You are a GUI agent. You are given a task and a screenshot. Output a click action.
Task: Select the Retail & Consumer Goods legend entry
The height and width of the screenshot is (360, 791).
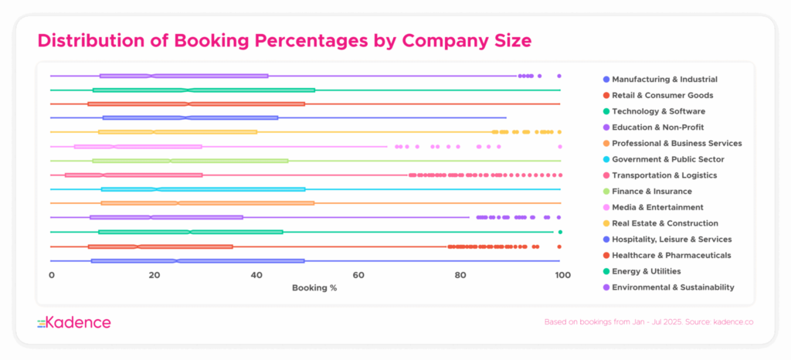point(662,96)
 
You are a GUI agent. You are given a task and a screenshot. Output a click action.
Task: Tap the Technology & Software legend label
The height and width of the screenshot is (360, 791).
point(658,111)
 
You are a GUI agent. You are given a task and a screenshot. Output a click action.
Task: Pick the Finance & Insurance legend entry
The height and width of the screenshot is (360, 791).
point(652,191)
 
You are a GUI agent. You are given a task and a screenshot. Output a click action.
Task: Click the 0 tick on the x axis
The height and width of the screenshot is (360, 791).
point(52,275)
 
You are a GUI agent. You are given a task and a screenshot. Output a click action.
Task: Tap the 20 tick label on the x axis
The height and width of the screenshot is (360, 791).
point(154,275)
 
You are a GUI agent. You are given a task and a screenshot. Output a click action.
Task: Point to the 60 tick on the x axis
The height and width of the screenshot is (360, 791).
point(358,275)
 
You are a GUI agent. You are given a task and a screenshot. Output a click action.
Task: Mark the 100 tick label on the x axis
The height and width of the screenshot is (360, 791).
point(562,275)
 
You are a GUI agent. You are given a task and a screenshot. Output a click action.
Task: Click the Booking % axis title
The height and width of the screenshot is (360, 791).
point(314,288)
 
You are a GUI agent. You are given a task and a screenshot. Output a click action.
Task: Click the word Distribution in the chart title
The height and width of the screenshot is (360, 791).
point(91,39)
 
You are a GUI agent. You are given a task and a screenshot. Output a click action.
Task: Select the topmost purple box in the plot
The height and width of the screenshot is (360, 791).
point(184,76)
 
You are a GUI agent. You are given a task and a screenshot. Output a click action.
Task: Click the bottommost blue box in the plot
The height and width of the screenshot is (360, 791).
point(197,261)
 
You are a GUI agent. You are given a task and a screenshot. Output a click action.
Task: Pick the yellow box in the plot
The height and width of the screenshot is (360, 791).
point(178,132)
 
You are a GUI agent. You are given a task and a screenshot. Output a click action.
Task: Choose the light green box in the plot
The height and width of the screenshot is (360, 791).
point(190,161)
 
